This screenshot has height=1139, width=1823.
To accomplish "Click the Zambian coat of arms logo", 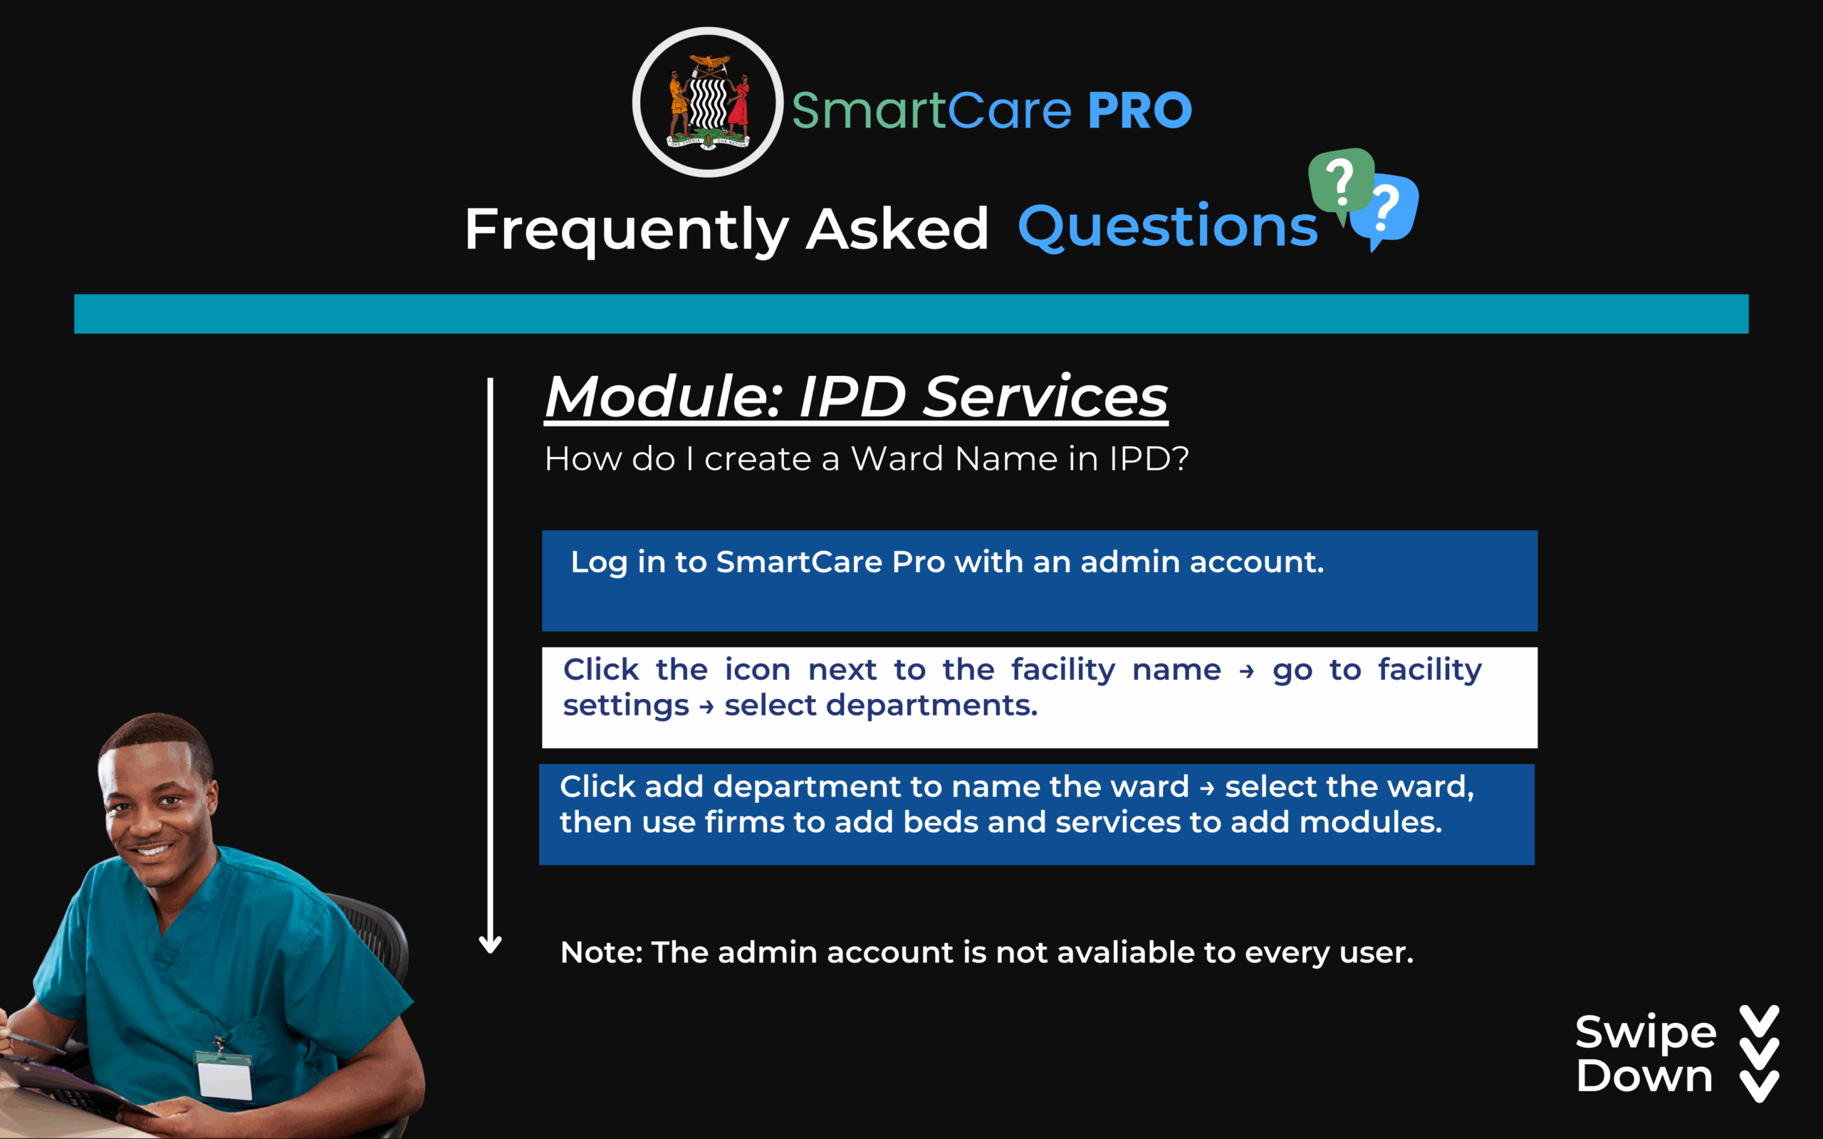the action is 707,103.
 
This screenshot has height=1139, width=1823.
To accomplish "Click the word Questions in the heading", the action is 1168,227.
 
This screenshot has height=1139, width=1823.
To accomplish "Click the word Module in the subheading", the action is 663,397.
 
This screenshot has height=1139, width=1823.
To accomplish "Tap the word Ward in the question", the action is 897,458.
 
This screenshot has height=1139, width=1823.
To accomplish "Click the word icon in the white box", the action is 757,670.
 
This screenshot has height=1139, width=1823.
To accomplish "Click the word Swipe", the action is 1646,1034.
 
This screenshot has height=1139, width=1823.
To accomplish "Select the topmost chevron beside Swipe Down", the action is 1760,1022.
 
